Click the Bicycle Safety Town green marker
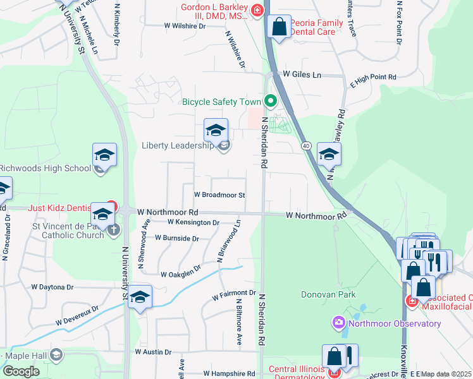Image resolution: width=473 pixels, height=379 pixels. click(271, 101)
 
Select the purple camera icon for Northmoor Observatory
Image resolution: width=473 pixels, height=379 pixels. click(338, 324)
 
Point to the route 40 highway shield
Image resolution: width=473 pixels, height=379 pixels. click(307, 146)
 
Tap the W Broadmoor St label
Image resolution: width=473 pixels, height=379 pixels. click(219, 195)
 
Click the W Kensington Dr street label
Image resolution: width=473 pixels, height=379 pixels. click(193, 222)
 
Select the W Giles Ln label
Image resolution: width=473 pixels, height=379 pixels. click(302, 75)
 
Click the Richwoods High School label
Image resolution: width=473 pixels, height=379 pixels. click(46, 168)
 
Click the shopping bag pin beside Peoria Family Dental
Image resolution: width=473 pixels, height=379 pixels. click(279, 28)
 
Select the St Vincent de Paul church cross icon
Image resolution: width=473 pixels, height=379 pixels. click(113, 229)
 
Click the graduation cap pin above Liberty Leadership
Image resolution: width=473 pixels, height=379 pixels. click(216, 131)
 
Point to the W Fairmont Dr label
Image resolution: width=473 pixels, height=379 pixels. click(233, 294)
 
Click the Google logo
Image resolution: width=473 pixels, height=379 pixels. click(21, 371)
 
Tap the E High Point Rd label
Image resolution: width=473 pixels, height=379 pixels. click(373, 77)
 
